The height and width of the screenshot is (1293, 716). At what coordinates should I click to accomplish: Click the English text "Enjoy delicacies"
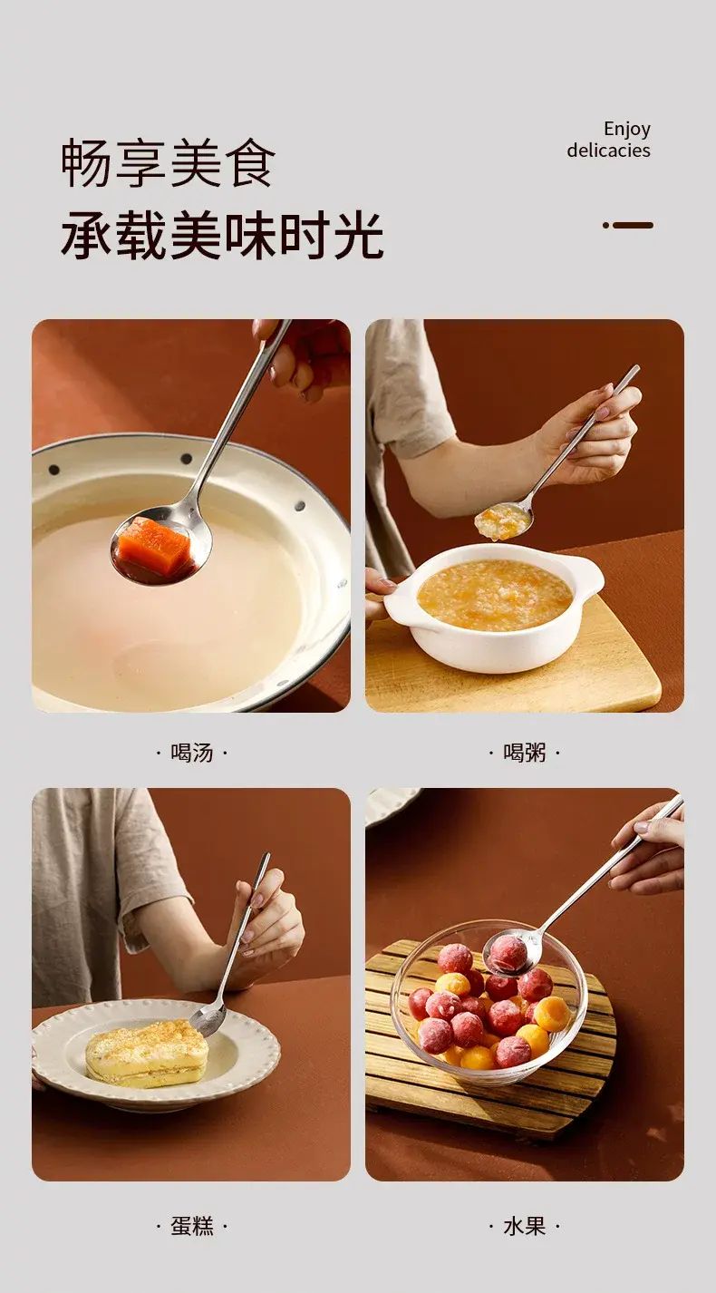tap(609, 139)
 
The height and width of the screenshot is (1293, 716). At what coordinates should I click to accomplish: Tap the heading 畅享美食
tap(168, 163)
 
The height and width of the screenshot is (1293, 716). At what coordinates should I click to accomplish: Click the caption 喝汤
tap(191, 753)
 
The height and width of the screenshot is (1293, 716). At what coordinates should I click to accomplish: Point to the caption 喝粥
tap(525, 753)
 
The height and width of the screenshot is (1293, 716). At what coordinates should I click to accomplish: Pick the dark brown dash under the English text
tap(628, 225)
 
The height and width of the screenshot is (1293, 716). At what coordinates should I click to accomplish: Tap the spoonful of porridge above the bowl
tap(498, 521)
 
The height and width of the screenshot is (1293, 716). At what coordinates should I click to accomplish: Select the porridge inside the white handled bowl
tap(495, 595)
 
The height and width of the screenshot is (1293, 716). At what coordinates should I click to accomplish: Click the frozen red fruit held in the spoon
tap(508, 956)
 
